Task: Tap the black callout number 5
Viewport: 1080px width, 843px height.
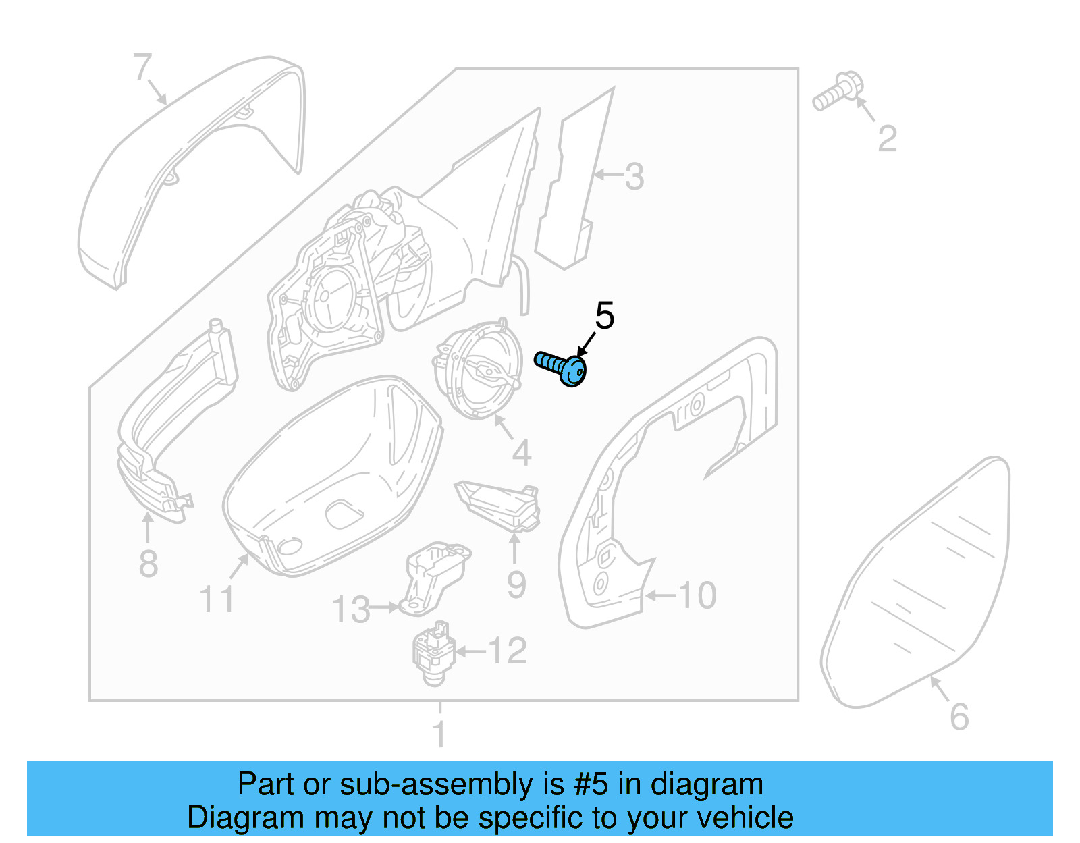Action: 604,316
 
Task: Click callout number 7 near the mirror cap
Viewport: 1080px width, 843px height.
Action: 142,67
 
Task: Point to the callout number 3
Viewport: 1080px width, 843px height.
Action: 634,177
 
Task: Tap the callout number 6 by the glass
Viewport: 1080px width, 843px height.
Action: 959,717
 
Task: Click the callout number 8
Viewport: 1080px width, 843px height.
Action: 148,564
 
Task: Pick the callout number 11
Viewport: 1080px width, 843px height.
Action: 217,599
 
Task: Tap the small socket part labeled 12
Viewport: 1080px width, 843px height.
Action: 432,653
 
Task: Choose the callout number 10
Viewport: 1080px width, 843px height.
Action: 697,595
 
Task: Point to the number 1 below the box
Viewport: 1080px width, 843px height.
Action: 439,734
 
